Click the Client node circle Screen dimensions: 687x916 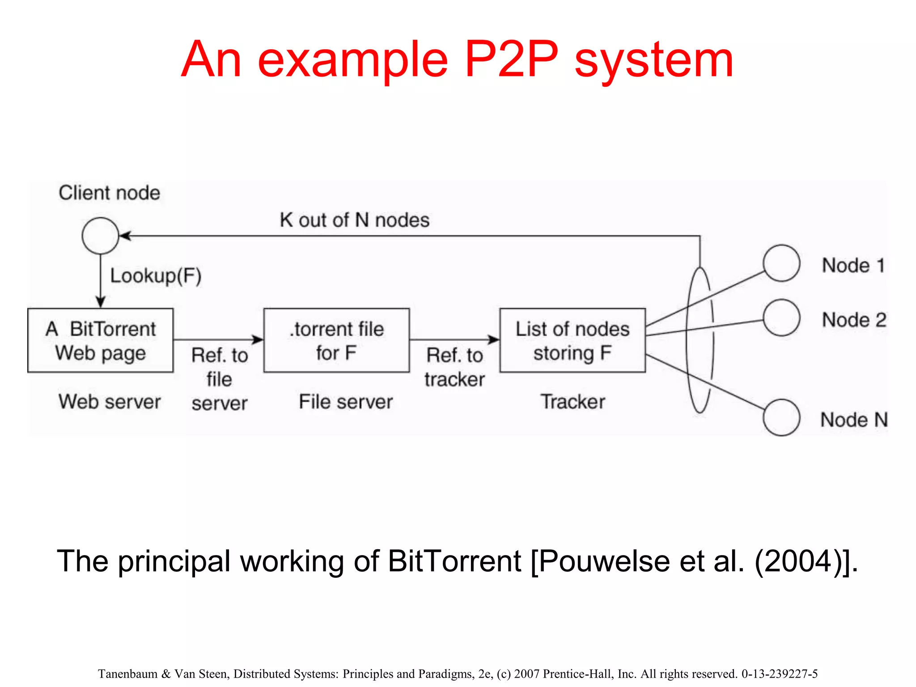coord(100,236)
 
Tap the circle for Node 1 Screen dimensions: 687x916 coord(781,263)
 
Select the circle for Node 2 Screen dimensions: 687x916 coord(781,318)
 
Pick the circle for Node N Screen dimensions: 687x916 coord(781,417)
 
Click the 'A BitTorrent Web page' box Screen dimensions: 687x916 coord(100,340)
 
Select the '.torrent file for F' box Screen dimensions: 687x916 coord(336,340)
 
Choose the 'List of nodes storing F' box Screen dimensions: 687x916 coord(572,340)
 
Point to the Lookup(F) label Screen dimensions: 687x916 coord(156,276)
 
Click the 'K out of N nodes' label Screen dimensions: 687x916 coord(354,220)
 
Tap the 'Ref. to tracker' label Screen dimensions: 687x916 coord(454,367)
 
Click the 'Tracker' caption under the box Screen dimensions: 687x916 coord(572,401)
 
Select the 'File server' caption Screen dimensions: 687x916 coord(345,401)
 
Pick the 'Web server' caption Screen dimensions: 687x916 coord(110,401)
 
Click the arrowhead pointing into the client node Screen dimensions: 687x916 coord(125,236)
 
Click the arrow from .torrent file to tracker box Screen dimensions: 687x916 coord(454,339)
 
